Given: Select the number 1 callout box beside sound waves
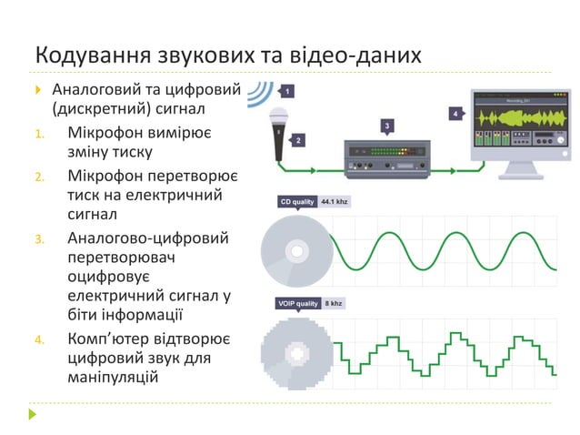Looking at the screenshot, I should coord(287,92).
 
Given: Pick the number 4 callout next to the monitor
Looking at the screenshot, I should coord(455,114).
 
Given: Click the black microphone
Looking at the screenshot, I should coord(276,132).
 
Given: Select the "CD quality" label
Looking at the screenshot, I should coord(296,202).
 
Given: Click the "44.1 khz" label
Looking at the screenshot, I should coord(335,202).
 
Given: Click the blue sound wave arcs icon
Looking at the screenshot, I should coord(262,93).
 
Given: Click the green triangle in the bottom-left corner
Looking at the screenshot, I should coord(34,414).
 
